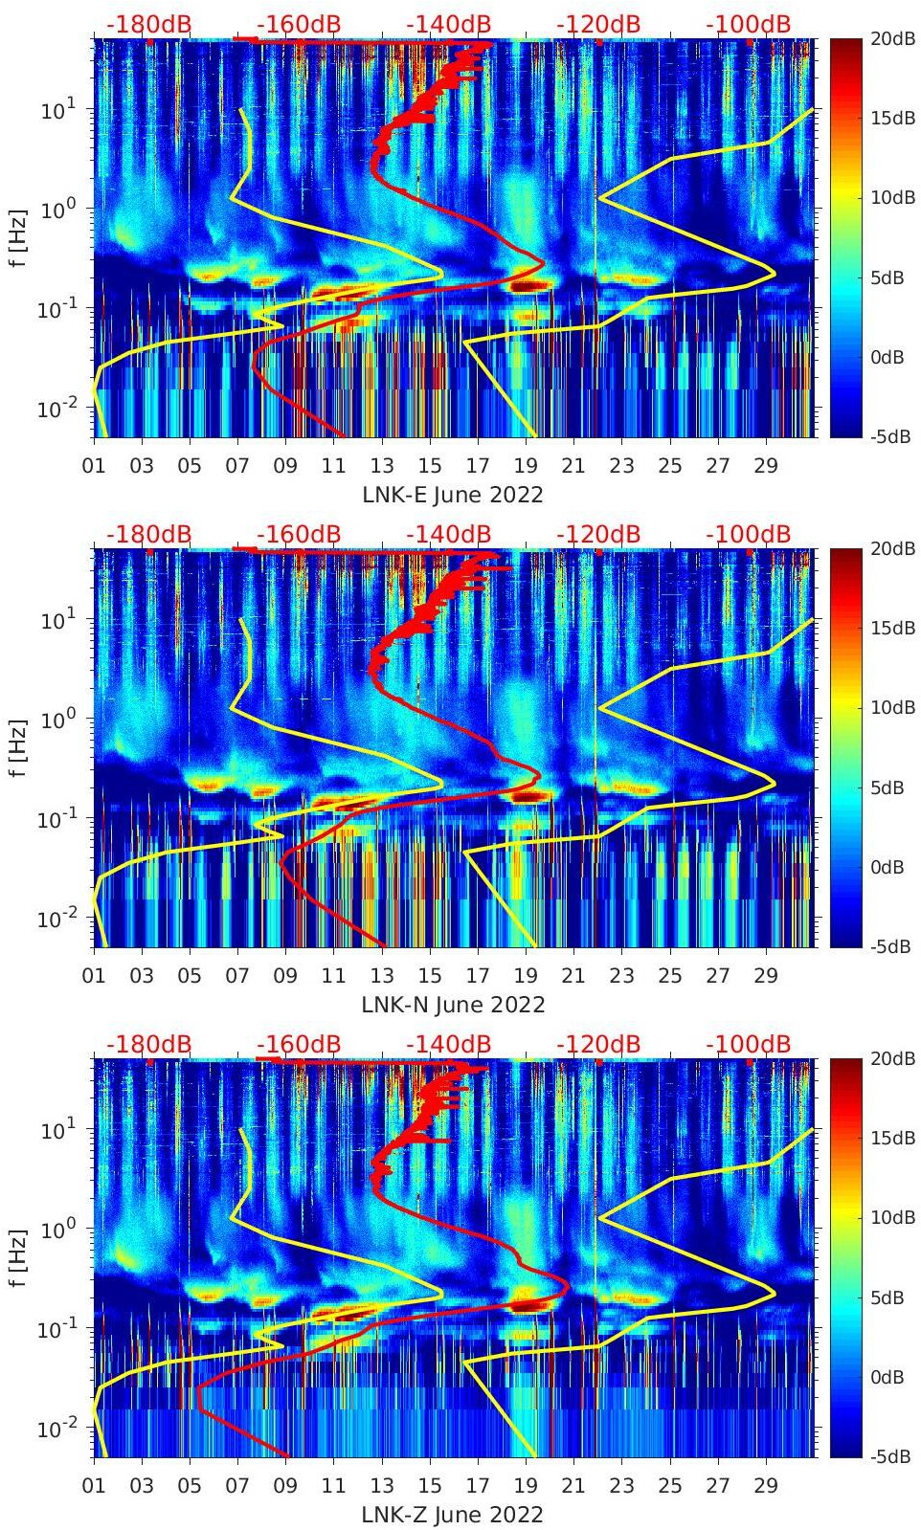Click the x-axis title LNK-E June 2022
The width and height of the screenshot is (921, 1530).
coord(452,495)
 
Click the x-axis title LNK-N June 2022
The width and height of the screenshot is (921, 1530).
coord(452,1005)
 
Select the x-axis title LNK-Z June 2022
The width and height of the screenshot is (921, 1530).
coord(452,1515)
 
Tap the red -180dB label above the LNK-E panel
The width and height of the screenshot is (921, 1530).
coord(149,24)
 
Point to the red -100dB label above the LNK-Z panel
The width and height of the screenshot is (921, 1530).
coord(749,1044)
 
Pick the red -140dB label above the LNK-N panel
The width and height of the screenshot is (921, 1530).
coord(448,534)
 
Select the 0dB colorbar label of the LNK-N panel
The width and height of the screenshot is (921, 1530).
coord(887,867)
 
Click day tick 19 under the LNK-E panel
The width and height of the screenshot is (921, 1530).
coord(526,466)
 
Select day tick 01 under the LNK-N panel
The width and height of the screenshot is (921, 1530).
coord(94,976)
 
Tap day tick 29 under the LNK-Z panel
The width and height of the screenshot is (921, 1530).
coord(766,1486)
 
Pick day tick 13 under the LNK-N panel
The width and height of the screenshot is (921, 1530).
coord(382,976)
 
